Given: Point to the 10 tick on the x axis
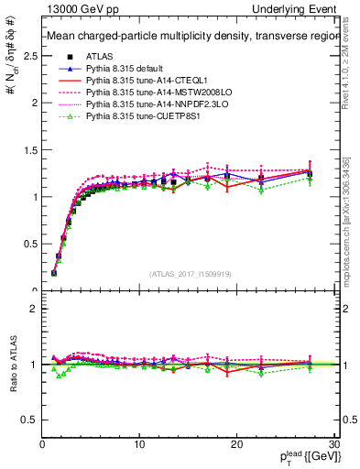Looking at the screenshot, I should [x=139, y=445].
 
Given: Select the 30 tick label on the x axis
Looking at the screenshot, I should [x=333, y=445].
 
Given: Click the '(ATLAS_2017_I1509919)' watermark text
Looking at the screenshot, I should [x=191, y=273].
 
